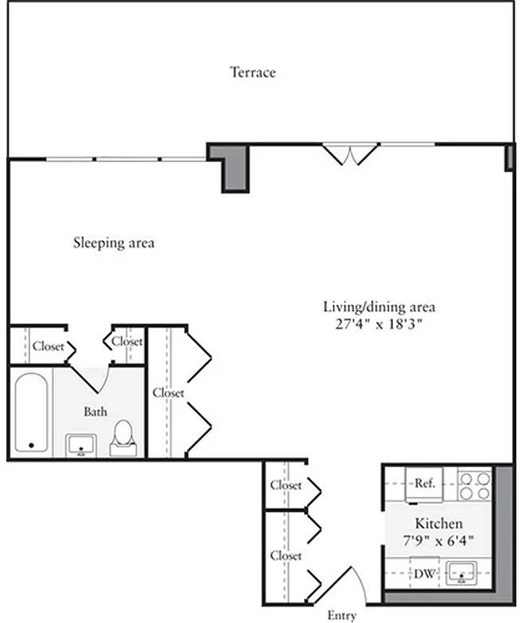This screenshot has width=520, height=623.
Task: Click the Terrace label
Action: click(253, 72)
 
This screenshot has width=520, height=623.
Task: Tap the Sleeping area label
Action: click(114, 243)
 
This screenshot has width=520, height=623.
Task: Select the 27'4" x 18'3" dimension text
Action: click(379, 323)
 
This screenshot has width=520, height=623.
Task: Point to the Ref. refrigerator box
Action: click(424, 484)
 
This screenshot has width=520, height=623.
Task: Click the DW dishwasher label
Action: click(424, 576)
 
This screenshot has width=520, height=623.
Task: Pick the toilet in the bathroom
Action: click(124, 438)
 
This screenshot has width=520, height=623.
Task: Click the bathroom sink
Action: click(80, 445)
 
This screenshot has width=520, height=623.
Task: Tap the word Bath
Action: click(95, 411)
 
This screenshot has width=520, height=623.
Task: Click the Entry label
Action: click(341, 616)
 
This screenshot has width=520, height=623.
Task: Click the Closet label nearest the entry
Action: click(285, 556)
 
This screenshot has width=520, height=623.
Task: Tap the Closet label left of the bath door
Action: click(48, 347)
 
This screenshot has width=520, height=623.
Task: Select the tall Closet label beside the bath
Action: click(168, 393)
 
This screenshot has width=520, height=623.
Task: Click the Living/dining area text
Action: click(379, 306)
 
